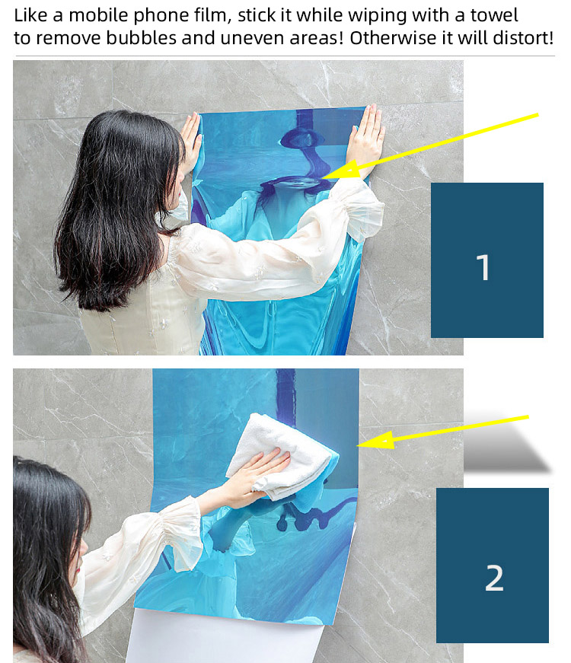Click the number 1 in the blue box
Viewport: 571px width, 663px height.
(x=483, y=268)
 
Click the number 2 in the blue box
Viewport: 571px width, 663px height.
(x=494, y=578)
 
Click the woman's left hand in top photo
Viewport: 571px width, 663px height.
(x=190, y=137)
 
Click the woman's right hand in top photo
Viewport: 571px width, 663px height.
(x=367, y=137)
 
